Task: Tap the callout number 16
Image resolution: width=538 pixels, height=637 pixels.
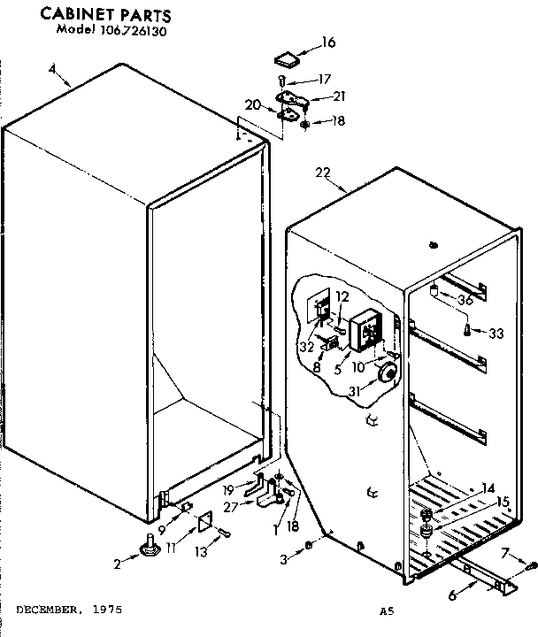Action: click(x=328, y=42)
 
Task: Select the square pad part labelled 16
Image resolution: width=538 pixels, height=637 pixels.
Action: click(x=286, y=60)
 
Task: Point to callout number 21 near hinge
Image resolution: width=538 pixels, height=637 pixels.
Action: click(x=340, y=96)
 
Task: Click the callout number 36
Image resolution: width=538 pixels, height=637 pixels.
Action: click(x=465, y=301)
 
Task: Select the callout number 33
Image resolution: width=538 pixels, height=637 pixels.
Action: click(x=496, y=334)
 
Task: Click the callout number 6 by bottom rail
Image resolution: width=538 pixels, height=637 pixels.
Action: click(x=452, y=595)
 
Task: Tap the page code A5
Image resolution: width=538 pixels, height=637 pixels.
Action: click(x=386, y=610)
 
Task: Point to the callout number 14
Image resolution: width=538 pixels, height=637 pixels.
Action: click(x=488, y=487)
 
